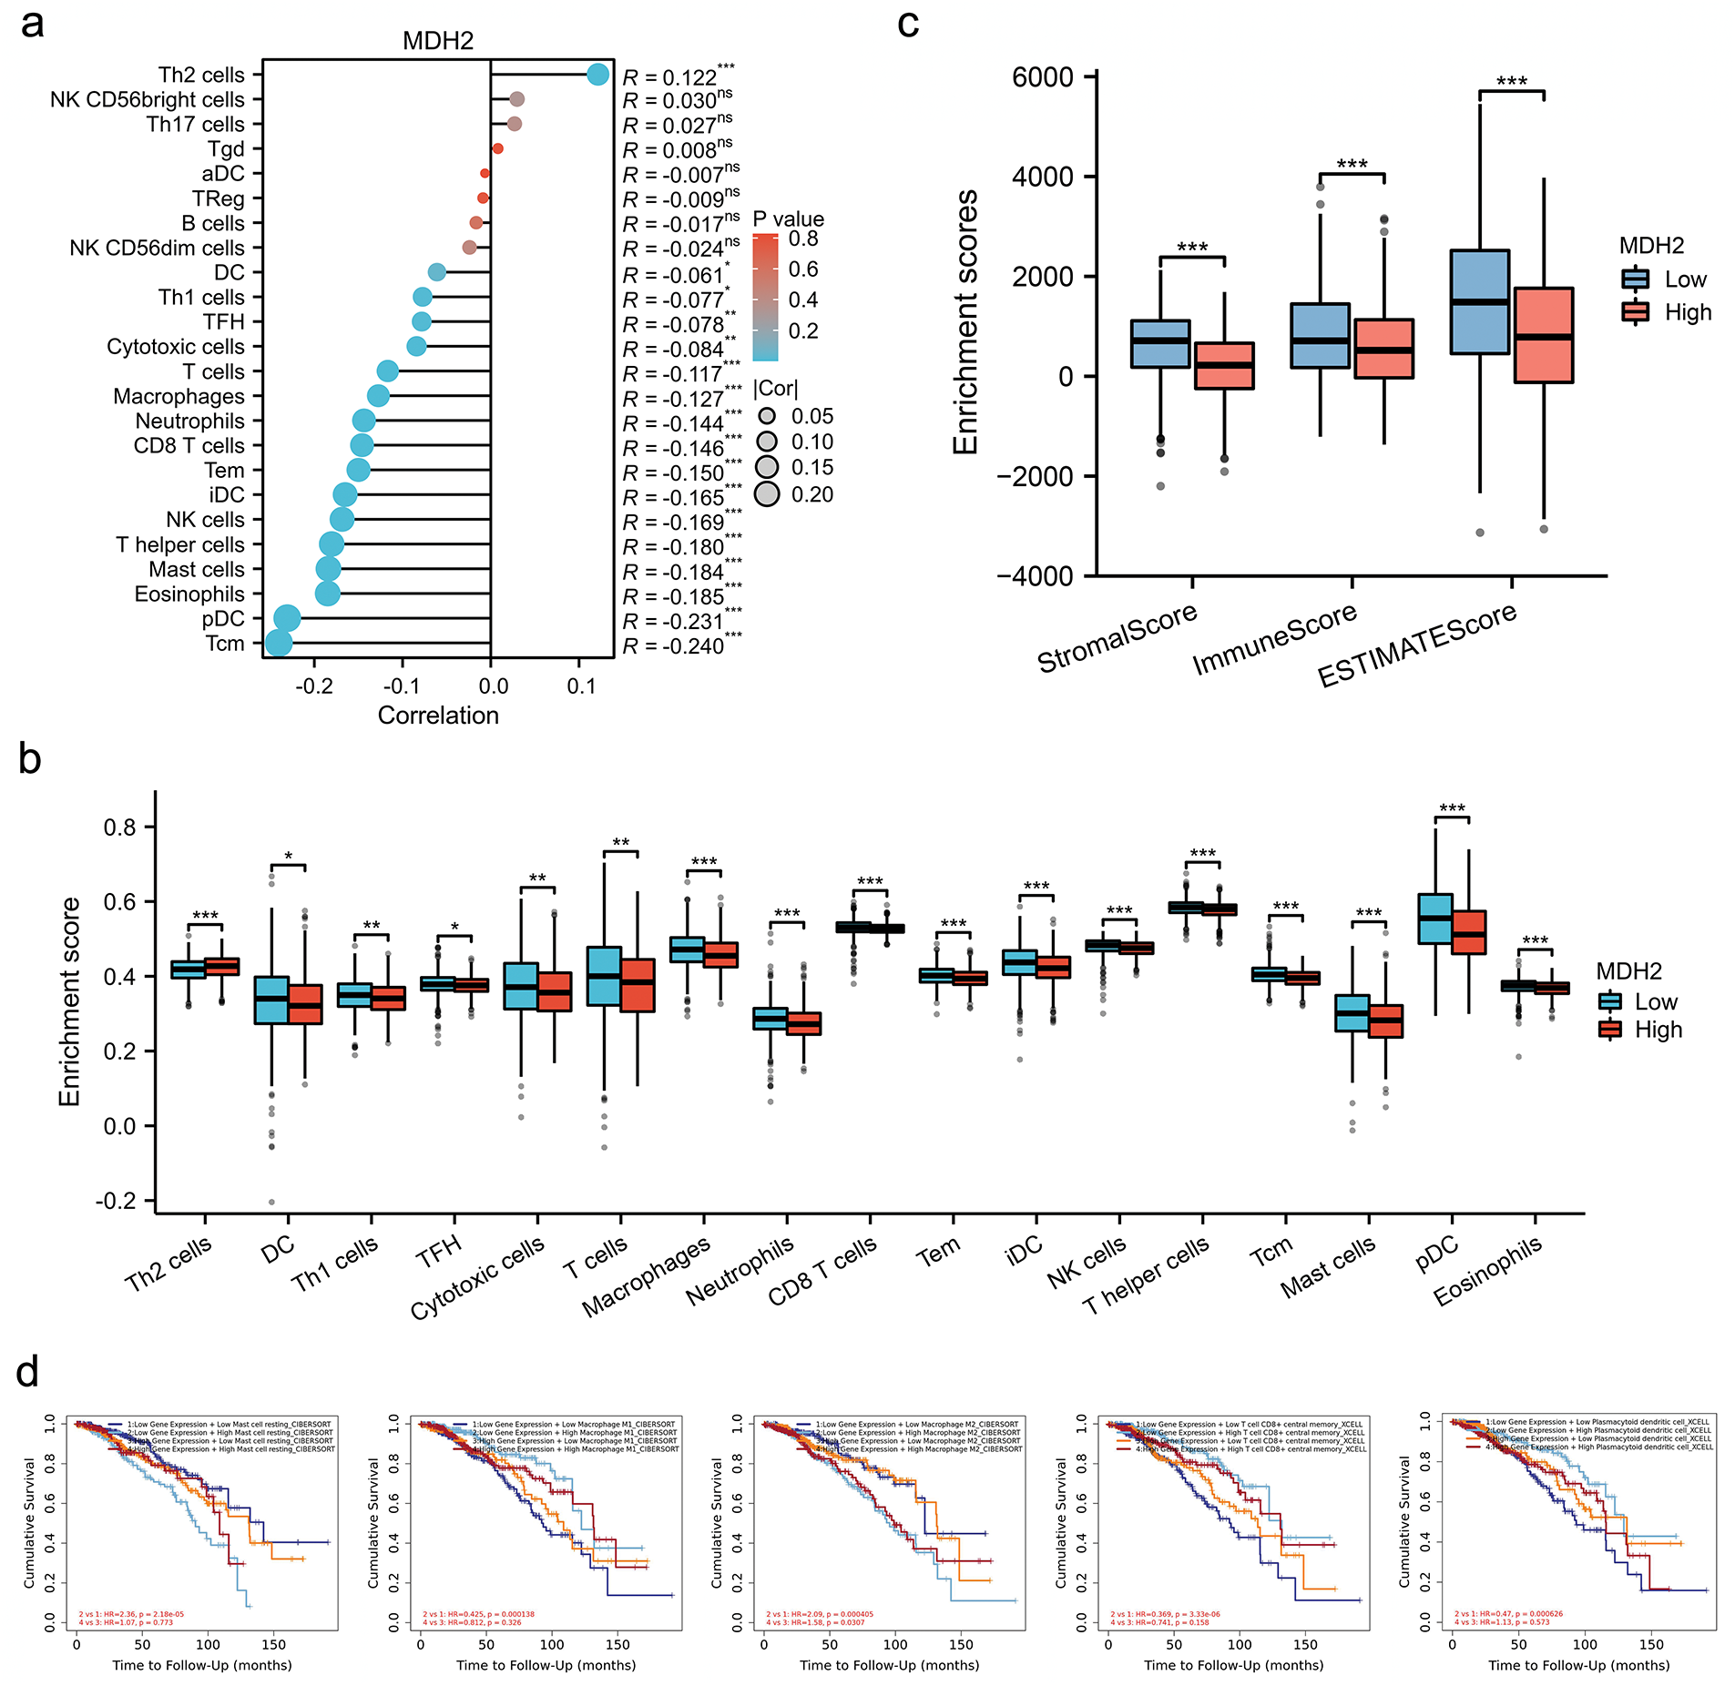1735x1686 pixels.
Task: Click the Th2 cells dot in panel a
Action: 597,75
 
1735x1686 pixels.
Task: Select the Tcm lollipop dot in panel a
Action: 279,643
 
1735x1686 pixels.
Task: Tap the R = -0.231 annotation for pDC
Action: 681,621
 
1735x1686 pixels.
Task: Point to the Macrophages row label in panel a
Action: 179,397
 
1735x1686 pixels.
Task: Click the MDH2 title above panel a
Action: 438,41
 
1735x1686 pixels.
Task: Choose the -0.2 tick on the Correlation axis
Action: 314,686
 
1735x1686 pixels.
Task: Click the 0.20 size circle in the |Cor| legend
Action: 767,494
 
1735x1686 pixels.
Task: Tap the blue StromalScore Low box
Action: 1160,343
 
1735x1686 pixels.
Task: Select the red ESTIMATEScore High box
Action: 1544,335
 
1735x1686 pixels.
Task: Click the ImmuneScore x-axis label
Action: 1274,639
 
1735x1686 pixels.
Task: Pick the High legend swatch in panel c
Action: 1636,312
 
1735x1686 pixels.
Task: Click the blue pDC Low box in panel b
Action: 1435,919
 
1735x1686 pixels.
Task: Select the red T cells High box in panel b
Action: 638,985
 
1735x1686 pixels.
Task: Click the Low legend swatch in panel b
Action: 1610,1001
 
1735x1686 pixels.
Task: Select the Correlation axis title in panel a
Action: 438,716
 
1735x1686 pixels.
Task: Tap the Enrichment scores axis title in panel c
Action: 965,322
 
